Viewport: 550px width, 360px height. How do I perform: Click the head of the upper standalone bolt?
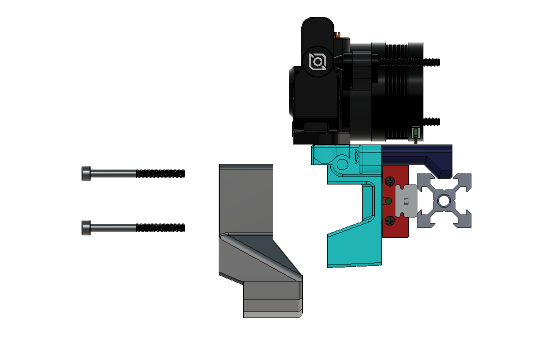point(86,173)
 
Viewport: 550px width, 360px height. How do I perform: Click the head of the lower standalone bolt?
point(86,228)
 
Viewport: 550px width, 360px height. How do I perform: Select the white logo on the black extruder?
point(318,62)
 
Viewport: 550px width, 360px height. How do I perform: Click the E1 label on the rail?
point(406,201)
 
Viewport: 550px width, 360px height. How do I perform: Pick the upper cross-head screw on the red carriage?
point(390,181)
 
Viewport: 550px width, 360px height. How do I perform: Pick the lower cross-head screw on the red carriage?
point(390,220)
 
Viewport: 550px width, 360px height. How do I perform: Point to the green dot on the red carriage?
point(388,201)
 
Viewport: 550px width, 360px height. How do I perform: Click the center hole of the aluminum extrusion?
point(444,201)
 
